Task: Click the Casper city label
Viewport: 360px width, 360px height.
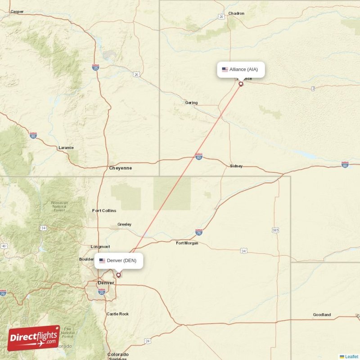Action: point(17,12)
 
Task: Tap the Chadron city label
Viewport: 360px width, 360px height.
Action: point(236,13)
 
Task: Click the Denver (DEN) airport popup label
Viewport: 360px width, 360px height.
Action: point(119,261)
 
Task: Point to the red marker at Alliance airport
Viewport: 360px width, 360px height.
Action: point(241,84)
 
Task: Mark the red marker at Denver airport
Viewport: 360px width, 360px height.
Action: point(118,275)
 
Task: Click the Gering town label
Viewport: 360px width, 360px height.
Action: point(191,103)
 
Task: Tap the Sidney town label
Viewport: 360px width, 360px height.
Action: point(236,166)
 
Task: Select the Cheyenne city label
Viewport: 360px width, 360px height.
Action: point(121,168)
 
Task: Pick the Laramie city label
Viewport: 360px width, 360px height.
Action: point(66,148)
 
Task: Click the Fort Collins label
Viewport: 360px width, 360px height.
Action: point(104,211)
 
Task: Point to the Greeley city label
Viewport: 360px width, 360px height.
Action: point(124,224)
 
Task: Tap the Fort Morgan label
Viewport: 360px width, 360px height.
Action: point(187,243)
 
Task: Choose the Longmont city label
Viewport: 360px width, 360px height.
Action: point(100,247)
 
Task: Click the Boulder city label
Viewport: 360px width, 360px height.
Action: point(86,259)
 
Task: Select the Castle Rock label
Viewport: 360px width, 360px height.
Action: point(117,314)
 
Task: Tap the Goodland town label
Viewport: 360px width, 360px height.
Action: point(322,315)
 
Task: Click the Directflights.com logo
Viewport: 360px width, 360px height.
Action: point(34,338)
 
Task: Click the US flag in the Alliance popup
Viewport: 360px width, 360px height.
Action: point(225,69)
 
